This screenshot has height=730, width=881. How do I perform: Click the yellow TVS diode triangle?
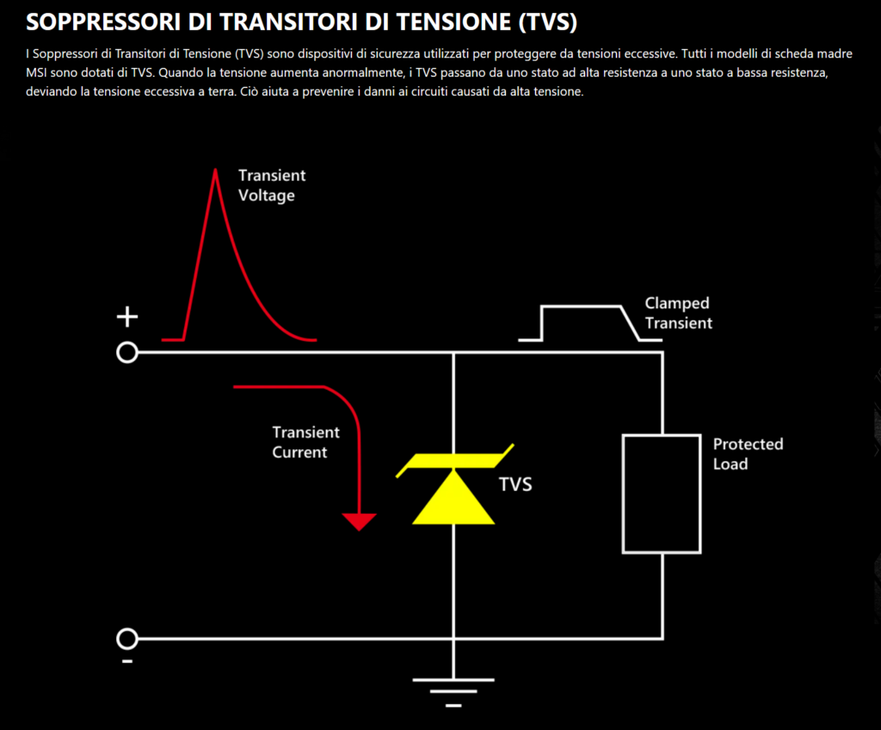pos(453,498)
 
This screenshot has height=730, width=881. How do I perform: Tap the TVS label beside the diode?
pos(515,485)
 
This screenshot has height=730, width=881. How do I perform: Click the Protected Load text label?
pos(748,454)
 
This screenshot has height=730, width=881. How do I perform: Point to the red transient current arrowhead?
pos(359,522)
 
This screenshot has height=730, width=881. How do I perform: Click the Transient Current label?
pos(305,442)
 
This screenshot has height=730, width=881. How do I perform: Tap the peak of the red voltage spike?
pos(215,170)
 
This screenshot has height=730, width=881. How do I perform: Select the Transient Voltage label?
pos(271,185)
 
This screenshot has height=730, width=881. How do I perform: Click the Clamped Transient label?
pos(678,312)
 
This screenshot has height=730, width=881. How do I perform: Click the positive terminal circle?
pos(127,353)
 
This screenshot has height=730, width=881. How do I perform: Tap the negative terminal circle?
pos(127,639)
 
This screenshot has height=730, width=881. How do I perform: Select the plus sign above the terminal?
pos(127,317)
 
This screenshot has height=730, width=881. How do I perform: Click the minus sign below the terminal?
pos(127,661)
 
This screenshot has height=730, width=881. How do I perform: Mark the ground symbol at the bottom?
pos(453,692)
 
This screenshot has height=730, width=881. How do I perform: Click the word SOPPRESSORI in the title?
pos(103,22)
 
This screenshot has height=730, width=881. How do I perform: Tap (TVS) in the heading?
pos(547,22)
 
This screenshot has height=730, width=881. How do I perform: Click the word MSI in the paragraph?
pos(36,72)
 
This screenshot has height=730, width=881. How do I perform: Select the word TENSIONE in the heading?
pos(454,22)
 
